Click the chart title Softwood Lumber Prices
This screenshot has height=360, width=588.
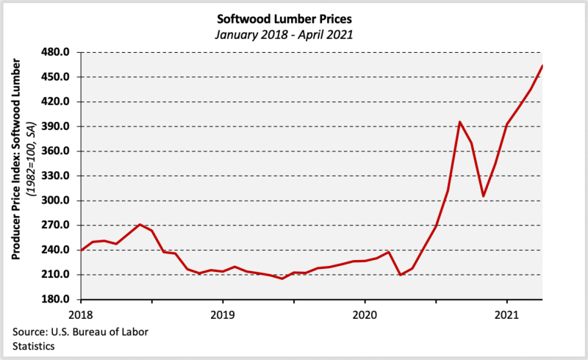pyautogui.click(x=284, y=19)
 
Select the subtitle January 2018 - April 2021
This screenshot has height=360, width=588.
pyautogui.click(x=284, y=35)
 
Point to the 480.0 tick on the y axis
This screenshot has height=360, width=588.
pyautogui.click(x=55, y=52)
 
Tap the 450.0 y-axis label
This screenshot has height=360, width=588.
pyautogui.click(x=55, y=77)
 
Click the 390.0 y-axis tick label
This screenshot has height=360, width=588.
pyautogui.click(x=55, y=126)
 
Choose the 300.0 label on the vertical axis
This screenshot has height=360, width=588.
pyautogui.click(x=55, y=201)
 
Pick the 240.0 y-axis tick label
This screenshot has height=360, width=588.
pyautogui.click(x=55, y=250)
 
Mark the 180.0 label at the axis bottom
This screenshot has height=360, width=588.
pyautogui.click(x=55, y=299)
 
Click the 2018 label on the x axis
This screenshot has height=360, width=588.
pyautogui.click(x=81, y=315)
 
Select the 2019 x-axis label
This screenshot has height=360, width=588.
pyautogui.click(x=223, y=315)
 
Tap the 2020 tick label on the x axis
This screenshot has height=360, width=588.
pyautogui.click(x=365, y=315)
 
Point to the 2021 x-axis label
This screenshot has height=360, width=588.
pyautogui.click(x=507, y=315)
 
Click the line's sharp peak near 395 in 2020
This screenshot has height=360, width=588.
pyautogui.click(x=460, y=122)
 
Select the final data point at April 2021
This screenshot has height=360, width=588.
pyautogui.click(x=542, y=66)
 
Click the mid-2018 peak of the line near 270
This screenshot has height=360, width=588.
pyautogui.click(x=140, y=225)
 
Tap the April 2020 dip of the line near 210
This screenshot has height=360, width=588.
pyautogui.click(x=401, y=275)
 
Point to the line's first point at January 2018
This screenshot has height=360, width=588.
pyautogui.click(x=82, y=250)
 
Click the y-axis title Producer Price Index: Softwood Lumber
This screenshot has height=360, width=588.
pyautogui.click(x=15, y=159)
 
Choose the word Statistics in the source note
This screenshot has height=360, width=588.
pyautogui.click(x=33, y=346)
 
